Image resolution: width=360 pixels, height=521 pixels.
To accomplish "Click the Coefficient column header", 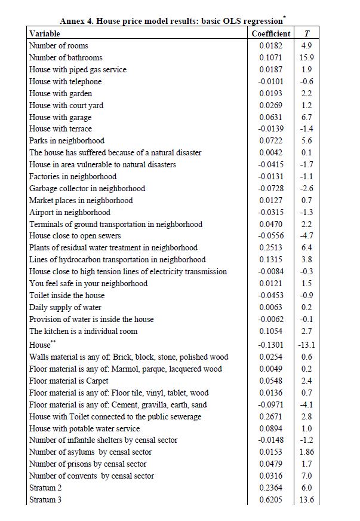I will tap(271, 33).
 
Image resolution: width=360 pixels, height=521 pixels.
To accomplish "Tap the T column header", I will tap(307, 33).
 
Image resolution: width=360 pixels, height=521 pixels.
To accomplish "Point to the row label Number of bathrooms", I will tap(66, 57).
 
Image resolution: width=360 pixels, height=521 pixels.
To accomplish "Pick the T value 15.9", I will tap(307, 57).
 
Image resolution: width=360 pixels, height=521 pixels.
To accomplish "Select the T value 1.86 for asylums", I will tap(307, 452).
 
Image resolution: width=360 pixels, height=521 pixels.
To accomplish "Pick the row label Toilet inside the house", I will tap(67, 295).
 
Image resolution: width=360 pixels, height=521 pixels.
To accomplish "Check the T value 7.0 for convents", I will tap(307, 476).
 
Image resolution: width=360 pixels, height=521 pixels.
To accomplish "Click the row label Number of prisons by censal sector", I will tap(88, 464).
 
